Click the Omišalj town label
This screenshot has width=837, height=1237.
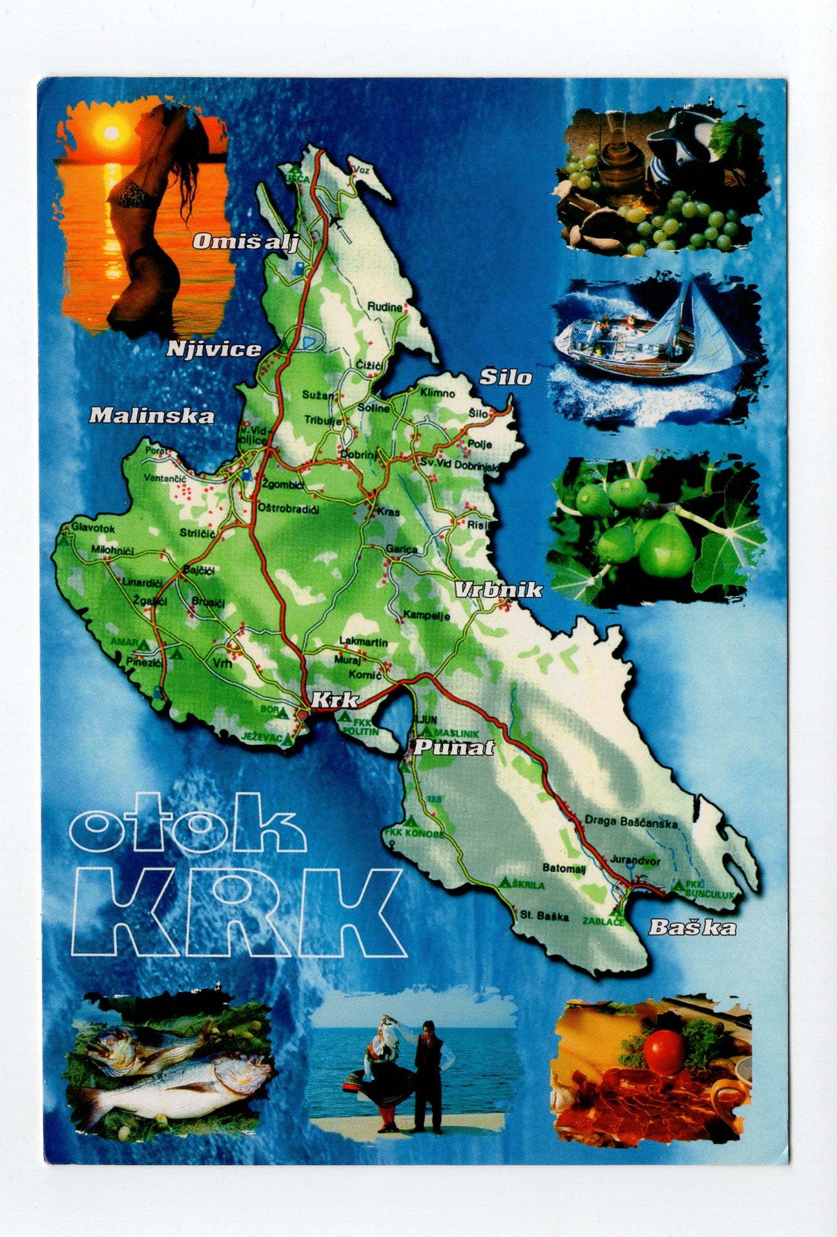click(x=245, y=242)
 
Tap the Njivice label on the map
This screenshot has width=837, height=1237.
click(x=214, y=349)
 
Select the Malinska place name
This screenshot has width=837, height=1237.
click(x=151, y=415)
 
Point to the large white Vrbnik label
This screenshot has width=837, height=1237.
click(x=498, y=590)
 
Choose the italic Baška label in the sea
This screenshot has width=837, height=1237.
click(x=692, y=928)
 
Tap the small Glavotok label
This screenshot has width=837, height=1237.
click(x=94, y=529)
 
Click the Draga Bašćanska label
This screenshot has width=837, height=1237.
click(x=631, y=823)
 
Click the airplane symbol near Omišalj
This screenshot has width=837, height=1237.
click(x=335, y=222)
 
